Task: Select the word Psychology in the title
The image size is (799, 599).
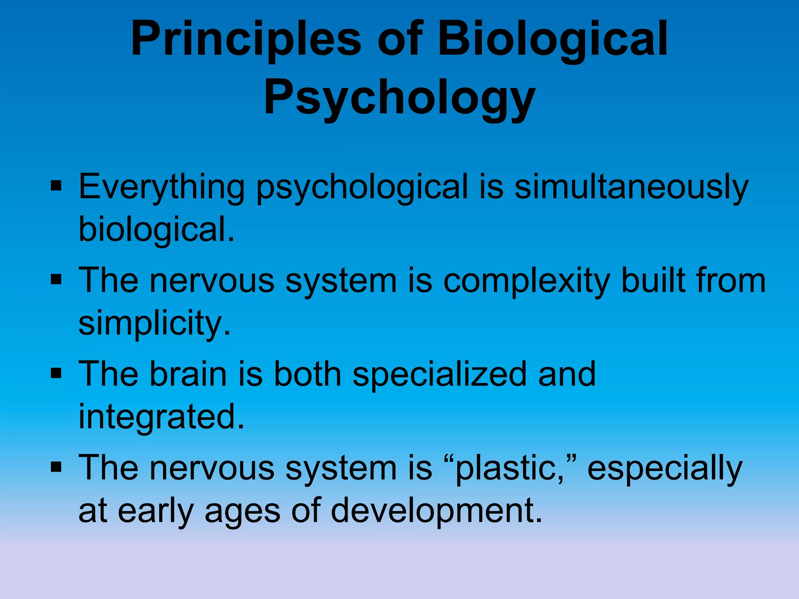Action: point(399,97)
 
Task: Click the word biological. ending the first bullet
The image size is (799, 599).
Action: point(156,230)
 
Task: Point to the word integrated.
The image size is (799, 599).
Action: point(161,417)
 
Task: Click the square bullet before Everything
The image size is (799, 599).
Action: point(57,186)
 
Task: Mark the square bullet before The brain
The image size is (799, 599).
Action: point(57,374)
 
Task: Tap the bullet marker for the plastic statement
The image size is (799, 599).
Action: point(57,467)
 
